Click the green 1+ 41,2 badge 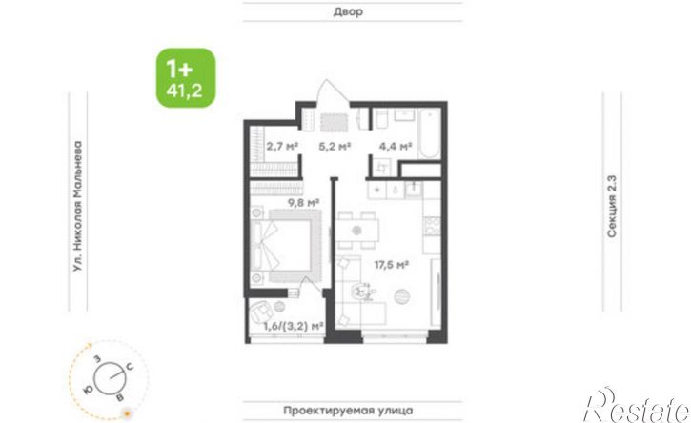[x=186, y=77]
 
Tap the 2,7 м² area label [x=282, y=146]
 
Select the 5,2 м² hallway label [x=335, y=146]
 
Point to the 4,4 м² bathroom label [x=396, y=146]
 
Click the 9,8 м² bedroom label [x=304, y=203]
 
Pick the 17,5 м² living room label [x=392, y=265]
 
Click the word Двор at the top [x=348, y=11]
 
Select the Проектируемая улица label [x=348, y=411]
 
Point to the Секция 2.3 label [x=612, y=207]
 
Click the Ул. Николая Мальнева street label [x=78, y=206]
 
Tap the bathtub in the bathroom [x=429, y=133]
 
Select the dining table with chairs [x=357, y=231]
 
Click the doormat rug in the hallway [x=334, y=123]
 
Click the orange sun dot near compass [x=128, y=413]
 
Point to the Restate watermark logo [x=637, y=406]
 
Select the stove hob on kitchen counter [x=432, y=226]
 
